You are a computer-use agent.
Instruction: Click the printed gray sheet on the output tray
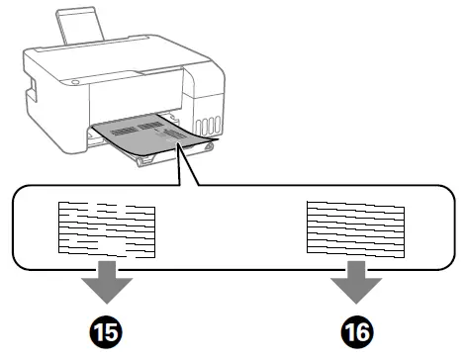[148, 134]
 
